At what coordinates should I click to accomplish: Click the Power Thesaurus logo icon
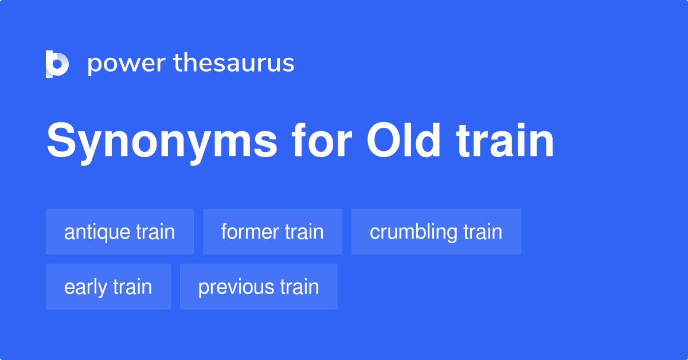(x=57, y=64)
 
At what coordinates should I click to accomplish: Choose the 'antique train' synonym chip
(x=120, y=232)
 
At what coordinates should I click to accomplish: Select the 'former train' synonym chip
(x=272, y=232)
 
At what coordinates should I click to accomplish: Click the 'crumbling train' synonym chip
(x=436, y=232)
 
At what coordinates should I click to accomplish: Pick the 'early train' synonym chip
(x=108, y=287)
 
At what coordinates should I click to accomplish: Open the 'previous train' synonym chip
(x=259, y=287)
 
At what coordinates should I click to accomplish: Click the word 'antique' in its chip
(x=97, y=233)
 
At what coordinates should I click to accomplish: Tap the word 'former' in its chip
(x=248, y=232)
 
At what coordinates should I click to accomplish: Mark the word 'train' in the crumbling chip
(x=483, y=232)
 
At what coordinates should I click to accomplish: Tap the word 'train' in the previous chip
(x=299, y=287)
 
